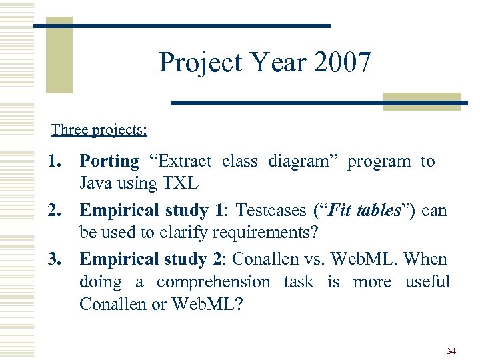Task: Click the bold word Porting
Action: pos(109,161)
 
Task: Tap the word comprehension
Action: pos(213,282)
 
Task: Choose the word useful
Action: pos(427,282)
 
